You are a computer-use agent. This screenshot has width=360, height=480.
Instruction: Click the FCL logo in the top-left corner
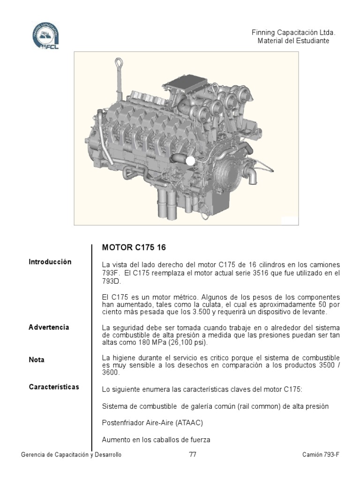[45, 35]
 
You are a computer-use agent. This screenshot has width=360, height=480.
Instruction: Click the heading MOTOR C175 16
[134, 247]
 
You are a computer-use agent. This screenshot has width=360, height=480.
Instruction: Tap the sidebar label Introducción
[50, 262]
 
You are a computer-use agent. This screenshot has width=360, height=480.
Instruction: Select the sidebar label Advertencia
[49, 327]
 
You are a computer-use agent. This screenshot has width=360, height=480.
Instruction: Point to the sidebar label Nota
[37, 360]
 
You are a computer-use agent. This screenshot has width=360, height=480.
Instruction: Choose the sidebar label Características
[54, 387]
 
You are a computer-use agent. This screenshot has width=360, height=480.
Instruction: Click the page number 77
[193, 454]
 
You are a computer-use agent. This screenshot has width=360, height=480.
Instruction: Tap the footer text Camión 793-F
[321, 455]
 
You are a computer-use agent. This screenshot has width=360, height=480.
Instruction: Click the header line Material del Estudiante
[293, 41]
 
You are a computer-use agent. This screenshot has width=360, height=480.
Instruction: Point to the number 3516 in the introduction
[261, 273]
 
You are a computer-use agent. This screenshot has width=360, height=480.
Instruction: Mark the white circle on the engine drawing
[190, 160]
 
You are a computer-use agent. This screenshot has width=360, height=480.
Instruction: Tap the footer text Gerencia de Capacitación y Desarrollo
[71, 455]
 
